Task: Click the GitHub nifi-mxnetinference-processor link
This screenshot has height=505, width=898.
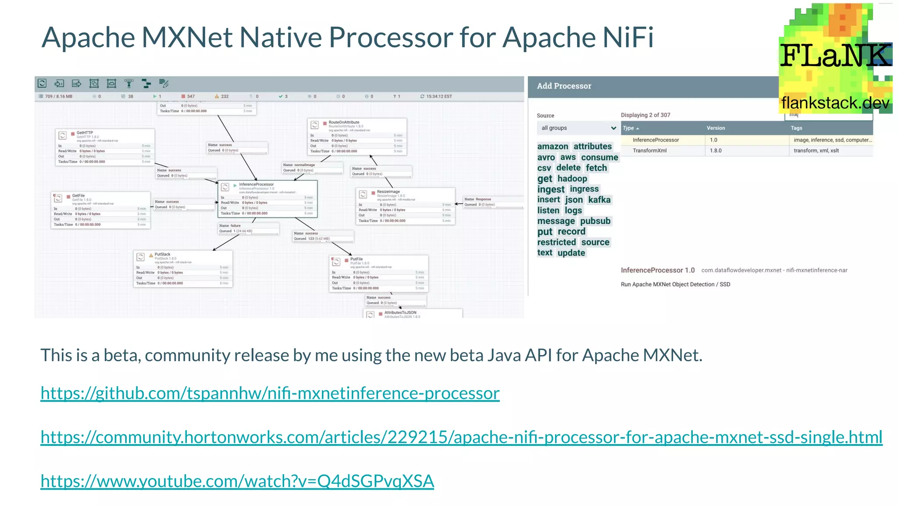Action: [270, 393]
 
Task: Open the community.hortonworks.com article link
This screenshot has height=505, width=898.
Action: [461, 437]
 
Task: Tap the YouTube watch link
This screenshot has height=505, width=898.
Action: [237, 481]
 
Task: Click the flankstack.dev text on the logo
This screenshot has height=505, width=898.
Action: [835, 103]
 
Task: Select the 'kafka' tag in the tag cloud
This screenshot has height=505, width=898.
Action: [599, 200]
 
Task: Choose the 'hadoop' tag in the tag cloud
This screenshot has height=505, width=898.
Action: [572, 178]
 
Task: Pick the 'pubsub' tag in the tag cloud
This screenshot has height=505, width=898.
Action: [595, 221]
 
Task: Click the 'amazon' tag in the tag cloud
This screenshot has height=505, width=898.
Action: [552, 146]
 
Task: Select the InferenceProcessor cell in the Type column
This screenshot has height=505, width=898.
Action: [656, 140]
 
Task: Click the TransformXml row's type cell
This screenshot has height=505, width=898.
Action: [649, 150]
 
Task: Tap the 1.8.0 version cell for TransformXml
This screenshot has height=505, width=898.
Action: [716, 150]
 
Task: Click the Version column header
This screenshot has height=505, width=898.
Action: [716, 128]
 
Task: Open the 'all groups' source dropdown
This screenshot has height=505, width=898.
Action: [577, 128]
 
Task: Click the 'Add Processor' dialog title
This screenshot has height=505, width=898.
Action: [564, 86]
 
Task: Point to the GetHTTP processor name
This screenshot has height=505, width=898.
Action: [85, 132]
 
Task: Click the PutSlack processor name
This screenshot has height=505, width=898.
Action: [162, 254]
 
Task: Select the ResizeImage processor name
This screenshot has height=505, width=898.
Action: [388, 192]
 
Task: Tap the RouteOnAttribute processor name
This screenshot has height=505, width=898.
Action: [344, 122]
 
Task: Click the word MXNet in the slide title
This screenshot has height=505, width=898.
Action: [187, 37]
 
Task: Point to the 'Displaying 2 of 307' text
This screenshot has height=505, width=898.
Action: [645, 115]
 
